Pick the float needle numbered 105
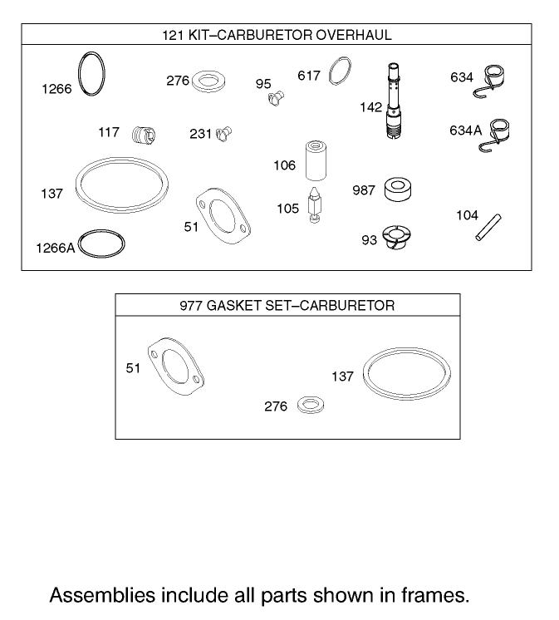(x=314, y=204)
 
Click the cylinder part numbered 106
(x=313, y=161)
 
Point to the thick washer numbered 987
(x=399, y=189)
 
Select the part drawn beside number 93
(x=397, y=238)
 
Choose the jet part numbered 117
(x=144, y=132)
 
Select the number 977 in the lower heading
(x=191, y=306)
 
